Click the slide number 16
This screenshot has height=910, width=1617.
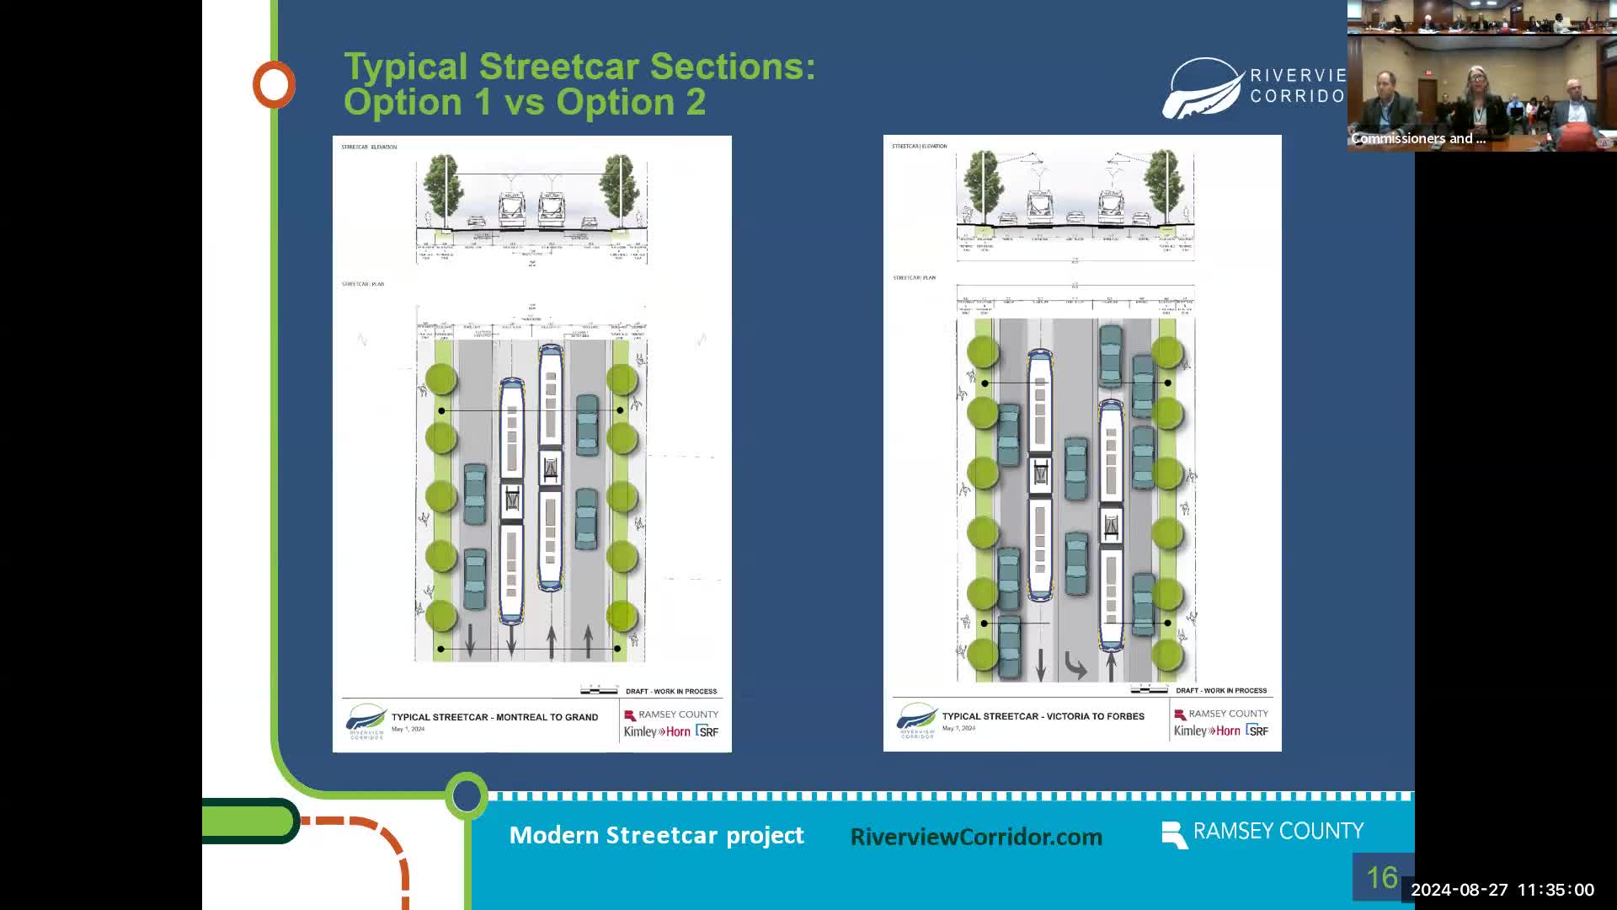pyautogui.click(x=1381, y=878)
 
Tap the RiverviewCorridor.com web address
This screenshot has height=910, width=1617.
pyautogui.click(x=976, y=837)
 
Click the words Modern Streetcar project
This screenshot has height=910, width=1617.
pyautogui.click(x=656, y=835)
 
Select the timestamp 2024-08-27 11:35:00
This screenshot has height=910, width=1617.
pyautogui.click(x=1502, y=890)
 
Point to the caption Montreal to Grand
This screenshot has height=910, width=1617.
pyautogui.click(x=494, y=717)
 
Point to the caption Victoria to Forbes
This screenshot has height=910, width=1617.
pyautogui.click(x=1043, y=716)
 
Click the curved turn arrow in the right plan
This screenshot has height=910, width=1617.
pyautogui.click(x=1075, y=666)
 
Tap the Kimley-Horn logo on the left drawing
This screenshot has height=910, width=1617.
pyautogui.click(x=657, y=731)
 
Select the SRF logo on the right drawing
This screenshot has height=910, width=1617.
pyautogui.click(x=1257, y=731)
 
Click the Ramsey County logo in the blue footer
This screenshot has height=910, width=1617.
pyautogui.click(x=1262, y=832)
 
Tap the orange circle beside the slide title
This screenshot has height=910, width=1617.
pyautogui.click(x=274, y=84)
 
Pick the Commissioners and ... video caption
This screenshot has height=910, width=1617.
pyautogui.click(x=1418, y=138)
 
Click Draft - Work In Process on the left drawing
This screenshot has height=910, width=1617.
pyautogui.click(x=671, y=691)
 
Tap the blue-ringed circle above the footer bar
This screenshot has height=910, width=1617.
pyautogui.click(x=467, y=795)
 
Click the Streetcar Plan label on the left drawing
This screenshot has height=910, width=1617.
pyautogui.click(x=363, y=284)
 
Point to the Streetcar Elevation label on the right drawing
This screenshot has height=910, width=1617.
pyautogui.click(x=920, y=146)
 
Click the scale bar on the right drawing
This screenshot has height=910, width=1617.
pyautogui.click(x=1150, y=690)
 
